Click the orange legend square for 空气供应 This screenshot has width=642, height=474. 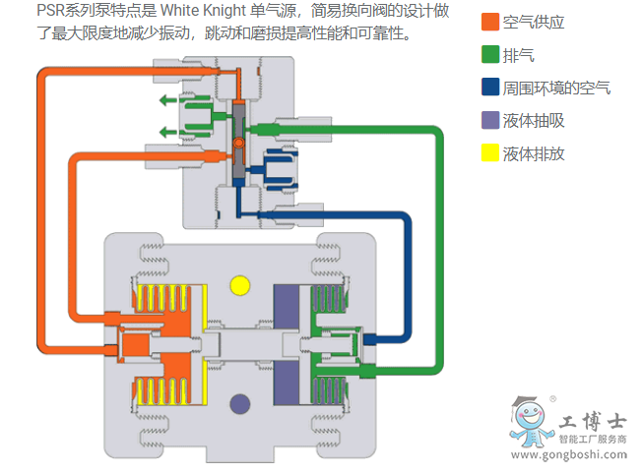(x=489, y=23)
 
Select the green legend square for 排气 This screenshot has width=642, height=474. (x=489, y=55)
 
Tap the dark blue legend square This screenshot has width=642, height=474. (x=489, y=88)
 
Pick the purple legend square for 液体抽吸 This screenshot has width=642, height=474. (x=489, y=121)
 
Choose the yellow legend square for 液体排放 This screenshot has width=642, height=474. (x=489, y=153)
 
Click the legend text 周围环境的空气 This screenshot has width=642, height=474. (x=556, y=89)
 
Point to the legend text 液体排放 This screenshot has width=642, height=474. (x=534, y=154)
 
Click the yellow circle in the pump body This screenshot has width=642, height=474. (x=239, y=286)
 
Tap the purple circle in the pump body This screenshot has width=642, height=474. (x=239, y=401)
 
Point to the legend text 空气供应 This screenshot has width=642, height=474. (x=534, y=23)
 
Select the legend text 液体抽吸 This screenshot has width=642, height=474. (x=534, y=121)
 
